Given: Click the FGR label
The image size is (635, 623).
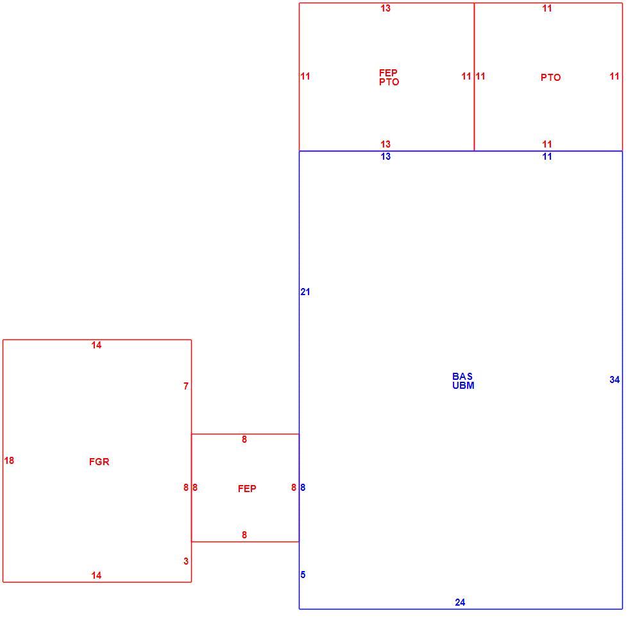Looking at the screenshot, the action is pos(99,462).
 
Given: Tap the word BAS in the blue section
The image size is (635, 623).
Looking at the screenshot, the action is pos(462,377).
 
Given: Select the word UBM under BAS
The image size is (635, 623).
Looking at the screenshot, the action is pos(463,385).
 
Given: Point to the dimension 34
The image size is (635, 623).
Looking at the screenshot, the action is pos(614,380).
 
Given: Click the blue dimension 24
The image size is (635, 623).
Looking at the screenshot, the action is pos(460,602).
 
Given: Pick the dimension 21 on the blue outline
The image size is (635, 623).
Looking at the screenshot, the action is pos(305,292).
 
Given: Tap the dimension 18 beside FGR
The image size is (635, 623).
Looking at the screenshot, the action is pos(10,460).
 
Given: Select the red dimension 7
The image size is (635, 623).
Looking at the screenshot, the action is pos(186,386).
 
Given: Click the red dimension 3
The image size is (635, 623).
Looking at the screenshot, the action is pos(186,561).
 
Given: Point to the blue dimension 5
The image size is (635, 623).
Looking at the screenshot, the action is pos(303,574).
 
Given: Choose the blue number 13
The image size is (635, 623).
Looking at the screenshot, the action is pos(385,157).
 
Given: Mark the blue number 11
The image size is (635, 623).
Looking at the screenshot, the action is pos(547,157).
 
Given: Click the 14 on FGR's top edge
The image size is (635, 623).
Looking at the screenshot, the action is pos(96,345).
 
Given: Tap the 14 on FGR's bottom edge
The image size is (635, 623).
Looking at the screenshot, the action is pos(96,576).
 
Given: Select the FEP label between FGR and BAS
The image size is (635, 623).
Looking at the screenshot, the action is pos(247,488).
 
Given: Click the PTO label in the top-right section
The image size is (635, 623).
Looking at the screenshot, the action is pos(551,78).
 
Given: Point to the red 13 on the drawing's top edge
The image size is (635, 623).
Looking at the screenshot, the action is pos(385,8).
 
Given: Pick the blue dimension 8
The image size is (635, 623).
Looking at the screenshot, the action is pos(303,488).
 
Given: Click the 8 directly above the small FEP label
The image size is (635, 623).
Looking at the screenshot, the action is pos(244,439).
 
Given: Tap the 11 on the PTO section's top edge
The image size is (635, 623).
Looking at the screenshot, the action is pos(547,8).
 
